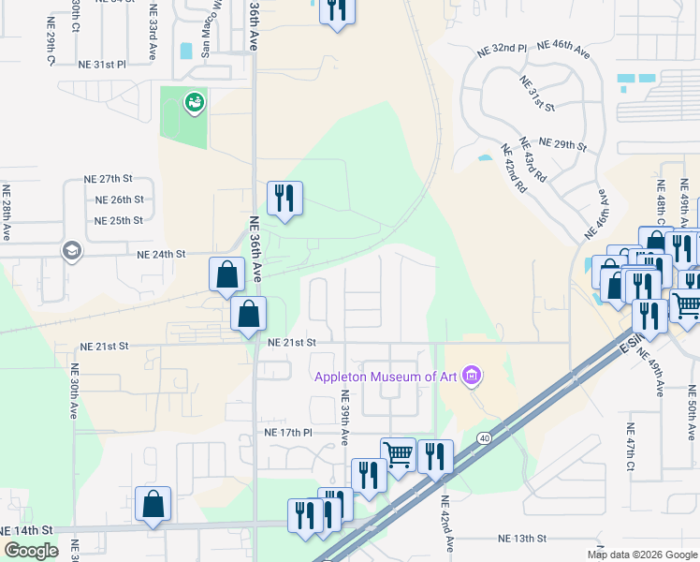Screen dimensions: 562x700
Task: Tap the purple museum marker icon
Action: (x=472, y=377)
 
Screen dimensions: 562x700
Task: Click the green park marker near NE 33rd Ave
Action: (x=194, y=101)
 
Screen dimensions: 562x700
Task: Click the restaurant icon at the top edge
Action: (x=335, y=9)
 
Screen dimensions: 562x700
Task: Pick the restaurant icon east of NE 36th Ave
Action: (x=284, y=198)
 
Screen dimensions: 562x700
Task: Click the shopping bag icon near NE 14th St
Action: (x=153, y=504)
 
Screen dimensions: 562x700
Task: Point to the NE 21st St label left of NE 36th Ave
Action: (x=104, y=346)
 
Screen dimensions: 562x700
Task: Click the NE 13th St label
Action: (x=521, y=539)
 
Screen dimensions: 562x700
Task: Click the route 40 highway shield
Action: (x=484, y=437)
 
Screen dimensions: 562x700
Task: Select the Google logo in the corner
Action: (x=30, y=551)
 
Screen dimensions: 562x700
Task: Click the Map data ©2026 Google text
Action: (x=642, y=555)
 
